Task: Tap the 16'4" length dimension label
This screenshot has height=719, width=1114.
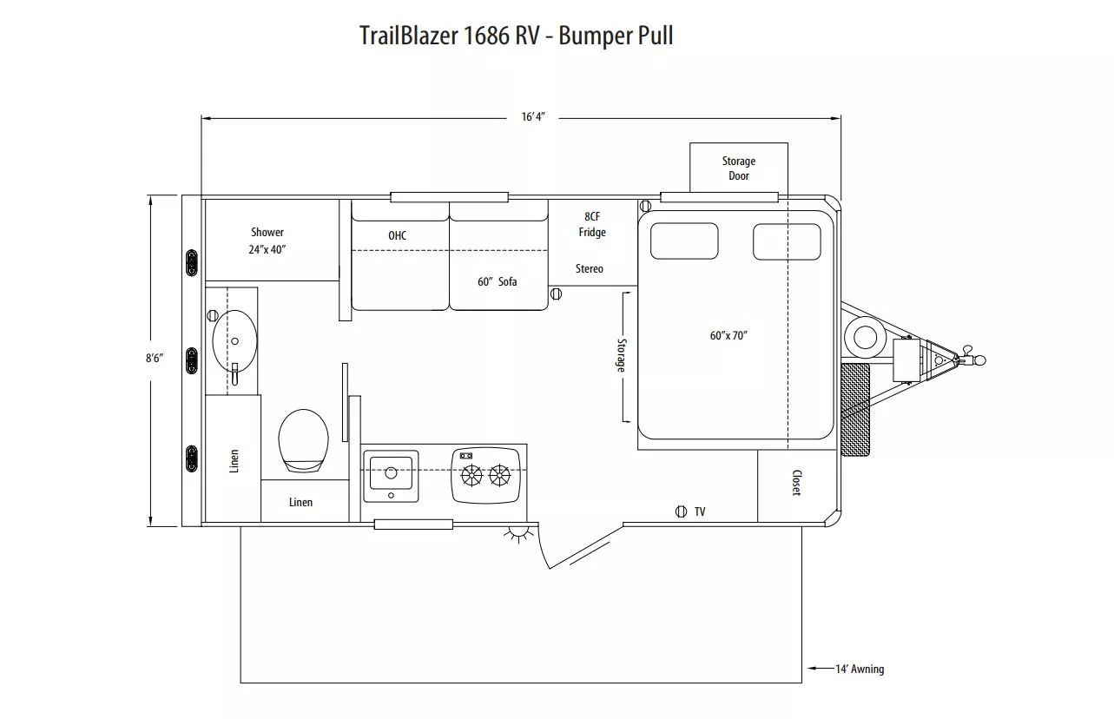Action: click(533, 117)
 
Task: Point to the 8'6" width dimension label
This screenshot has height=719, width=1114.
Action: click(155, 358)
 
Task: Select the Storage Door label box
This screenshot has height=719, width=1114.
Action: click(738, 168)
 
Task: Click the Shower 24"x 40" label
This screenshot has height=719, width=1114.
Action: click(267, 241)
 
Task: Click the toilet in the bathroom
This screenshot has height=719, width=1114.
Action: click(303, 439)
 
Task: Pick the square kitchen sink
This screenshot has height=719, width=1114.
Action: click(391, 475)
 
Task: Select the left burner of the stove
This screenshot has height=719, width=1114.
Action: click(471, 475)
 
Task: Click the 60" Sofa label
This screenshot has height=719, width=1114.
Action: click(497, 281)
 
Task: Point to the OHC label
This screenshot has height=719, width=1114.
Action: click(397, 235)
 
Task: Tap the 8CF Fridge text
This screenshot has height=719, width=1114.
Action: click(592, 224)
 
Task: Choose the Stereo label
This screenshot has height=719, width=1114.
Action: click(589, 269)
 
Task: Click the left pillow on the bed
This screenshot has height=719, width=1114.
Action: click(684, 241)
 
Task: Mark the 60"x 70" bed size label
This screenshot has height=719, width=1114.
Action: click(728, 335)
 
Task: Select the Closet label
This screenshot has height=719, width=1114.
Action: click(795, 483)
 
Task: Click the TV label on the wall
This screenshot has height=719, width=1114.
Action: click(700, 512)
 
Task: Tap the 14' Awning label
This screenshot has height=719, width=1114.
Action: click(859, 669)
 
